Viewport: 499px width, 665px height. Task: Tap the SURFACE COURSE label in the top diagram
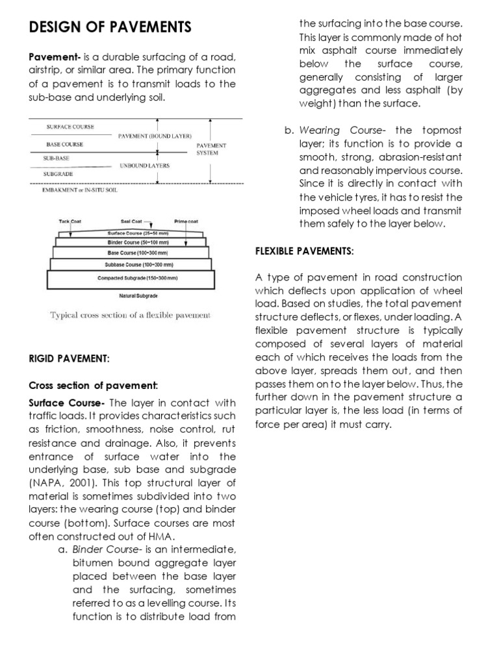pyautogui.click(x=70, y=127)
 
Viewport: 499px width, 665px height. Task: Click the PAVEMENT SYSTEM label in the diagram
pyautogui.click(x=211, y=149)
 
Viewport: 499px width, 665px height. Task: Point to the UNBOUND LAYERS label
pyautogui.click(x=144, y=166)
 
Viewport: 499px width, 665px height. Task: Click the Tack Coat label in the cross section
pyautogui.click(x=70, y=221)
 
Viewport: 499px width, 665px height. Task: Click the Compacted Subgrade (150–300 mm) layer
pyautogui.click(x=137, y=278)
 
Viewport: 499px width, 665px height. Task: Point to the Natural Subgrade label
pyautogui.click(x=138, y=295)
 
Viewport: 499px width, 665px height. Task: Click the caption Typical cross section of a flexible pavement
pyautogui.click(x=131, y=315)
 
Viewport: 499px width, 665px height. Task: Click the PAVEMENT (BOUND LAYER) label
pyautogui.click(x=155, y=136)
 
